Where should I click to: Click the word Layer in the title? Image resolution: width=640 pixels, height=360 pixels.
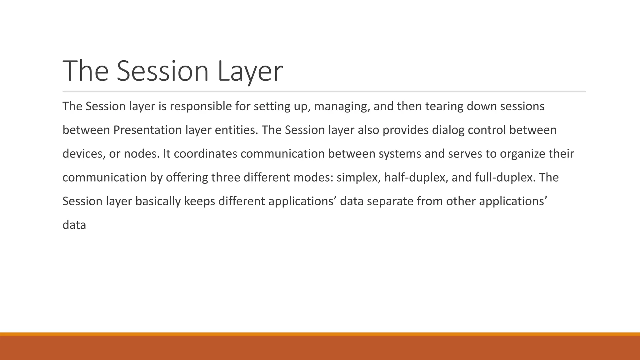click(250, 72)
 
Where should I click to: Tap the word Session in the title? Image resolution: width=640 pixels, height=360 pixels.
click(162, 71)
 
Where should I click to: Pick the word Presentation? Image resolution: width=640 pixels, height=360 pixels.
click(147, 130)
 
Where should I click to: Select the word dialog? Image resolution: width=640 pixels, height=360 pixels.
click(448, 130)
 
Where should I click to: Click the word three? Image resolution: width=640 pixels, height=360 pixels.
click(226, 177)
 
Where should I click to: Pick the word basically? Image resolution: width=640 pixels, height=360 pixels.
click(158, 201)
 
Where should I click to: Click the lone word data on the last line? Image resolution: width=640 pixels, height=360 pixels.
click(74, 225)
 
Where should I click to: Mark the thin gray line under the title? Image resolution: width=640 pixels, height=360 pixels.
click(324, 91)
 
